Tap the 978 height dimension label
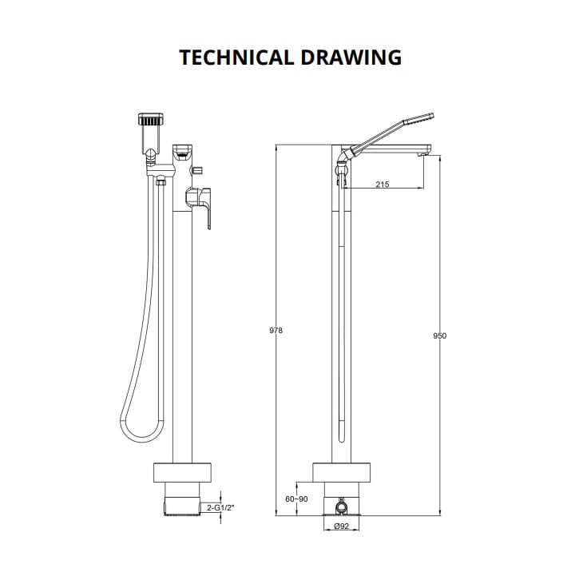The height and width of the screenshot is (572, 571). point(276,331)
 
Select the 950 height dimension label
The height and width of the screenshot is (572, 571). point(439,336)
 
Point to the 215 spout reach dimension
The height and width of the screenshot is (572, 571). point(382,185)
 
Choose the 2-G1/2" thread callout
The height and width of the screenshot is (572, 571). point(220,506)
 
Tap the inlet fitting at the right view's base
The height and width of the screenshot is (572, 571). point(343,506)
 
